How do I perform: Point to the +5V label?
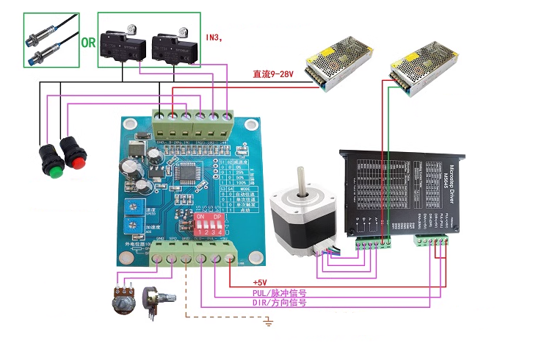click(261, 282)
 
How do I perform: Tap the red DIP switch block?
click(208, 223)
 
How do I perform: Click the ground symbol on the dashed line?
click(269, 320)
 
